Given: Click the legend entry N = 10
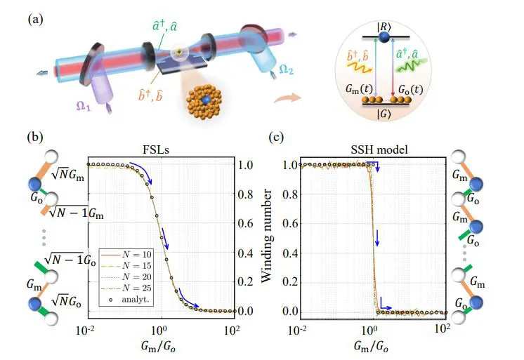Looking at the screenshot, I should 137,253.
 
